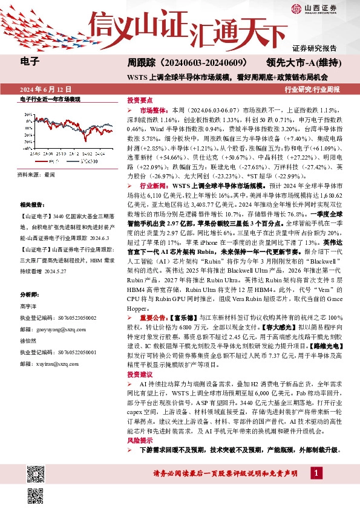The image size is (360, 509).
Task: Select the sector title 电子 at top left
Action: coord(30,61)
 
